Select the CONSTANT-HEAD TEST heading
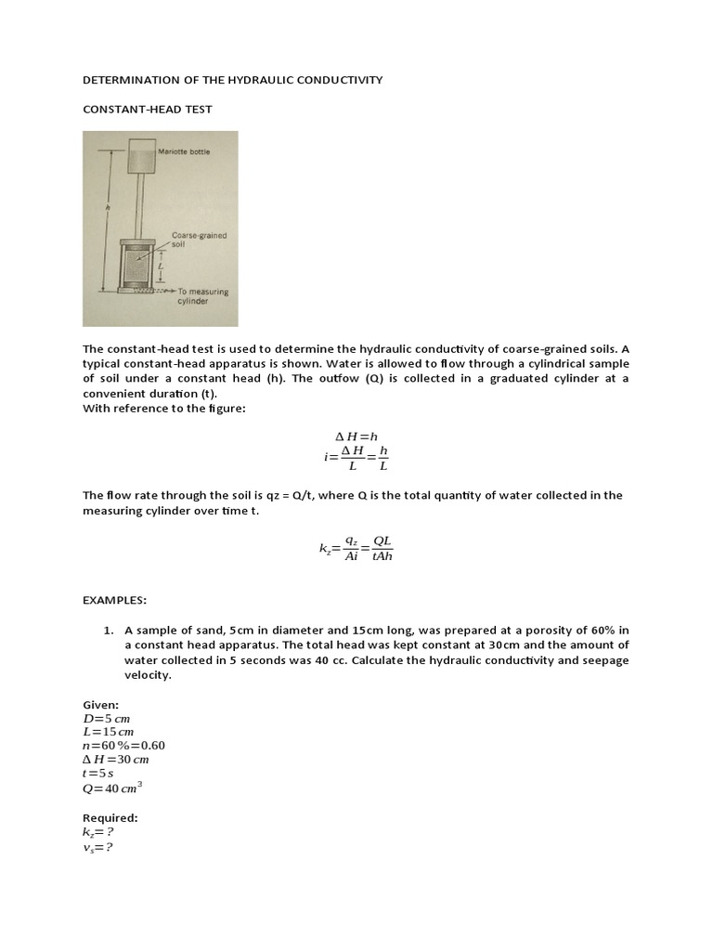pyautogui.click(x=148, y=110)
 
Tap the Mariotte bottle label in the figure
pyautogui.click(x=184, y=151)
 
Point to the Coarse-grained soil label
pyautogui.click(x=199, y=240)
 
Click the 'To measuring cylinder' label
pyautogui.click(x=201, y=296)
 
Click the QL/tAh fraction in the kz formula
pyautogui.click(x=382, y=550)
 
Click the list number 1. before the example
pyautogui.click(x=109, y=631)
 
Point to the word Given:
pyautogui.click(x=101, y=705)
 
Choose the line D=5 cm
pyautogui.click(x=109, y=719)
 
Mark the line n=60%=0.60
pyautogui.click(x=123, y=746)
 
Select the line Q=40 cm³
pyautogui.click(x=112, y=788)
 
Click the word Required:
pyautogui.click(x=110, y=818)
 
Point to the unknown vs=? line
pyautogui.click(x=97, y=847)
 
